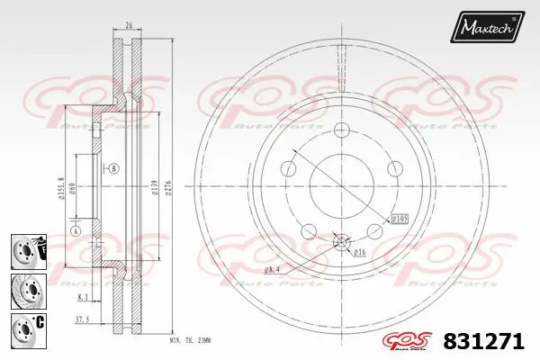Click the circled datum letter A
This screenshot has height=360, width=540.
76,229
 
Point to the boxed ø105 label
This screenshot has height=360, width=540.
399,218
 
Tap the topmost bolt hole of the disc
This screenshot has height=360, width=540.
341,130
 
